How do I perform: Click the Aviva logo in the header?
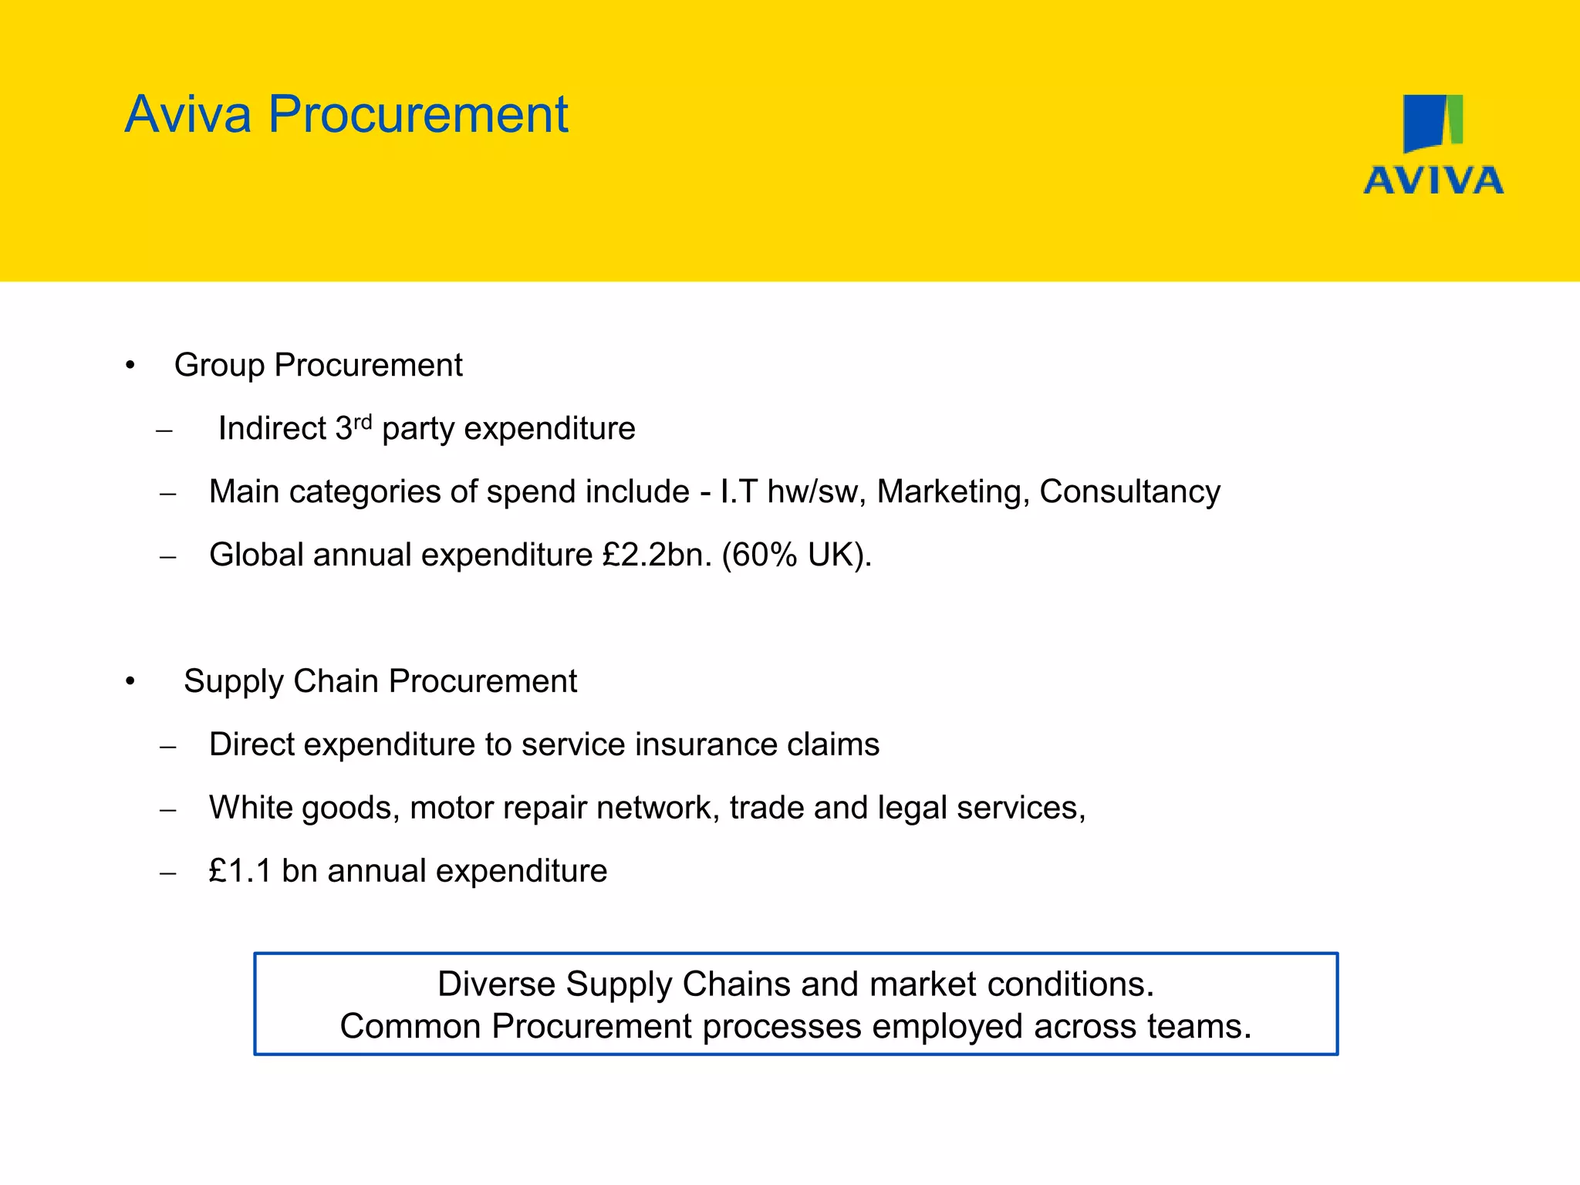pos(1433,144)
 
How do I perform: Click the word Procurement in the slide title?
pos(417,114)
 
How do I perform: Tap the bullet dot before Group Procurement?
pos(130,366)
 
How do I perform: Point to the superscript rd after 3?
pos(363,421)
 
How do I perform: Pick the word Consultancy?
pos(1129,492)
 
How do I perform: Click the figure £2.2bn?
pos(657,555)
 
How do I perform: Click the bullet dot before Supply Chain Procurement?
pos(130,682)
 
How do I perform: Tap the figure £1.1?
pos(240,872)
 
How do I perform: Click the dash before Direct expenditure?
pos(167,746)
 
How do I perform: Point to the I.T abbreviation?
pos(739,492)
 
